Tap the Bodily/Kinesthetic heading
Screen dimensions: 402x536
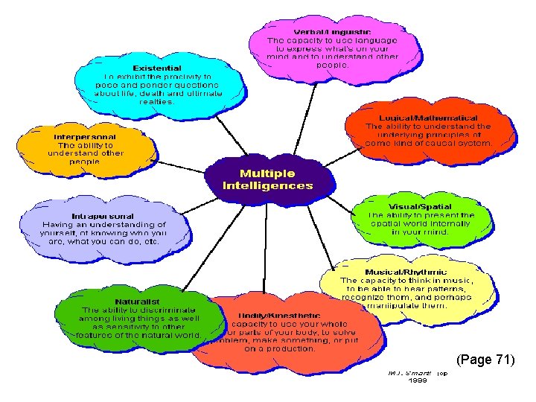coord(280,315)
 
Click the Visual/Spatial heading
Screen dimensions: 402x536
coord(420,206)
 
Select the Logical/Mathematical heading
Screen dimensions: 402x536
coord(428,118)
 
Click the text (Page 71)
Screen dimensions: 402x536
coord(485,360)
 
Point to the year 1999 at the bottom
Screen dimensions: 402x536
coord(418,380)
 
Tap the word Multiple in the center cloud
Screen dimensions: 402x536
coord(267,173)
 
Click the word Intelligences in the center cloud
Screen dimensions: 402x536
coord(268,185)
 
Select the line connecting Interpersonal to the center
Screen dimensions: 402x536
coord(171,165)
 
